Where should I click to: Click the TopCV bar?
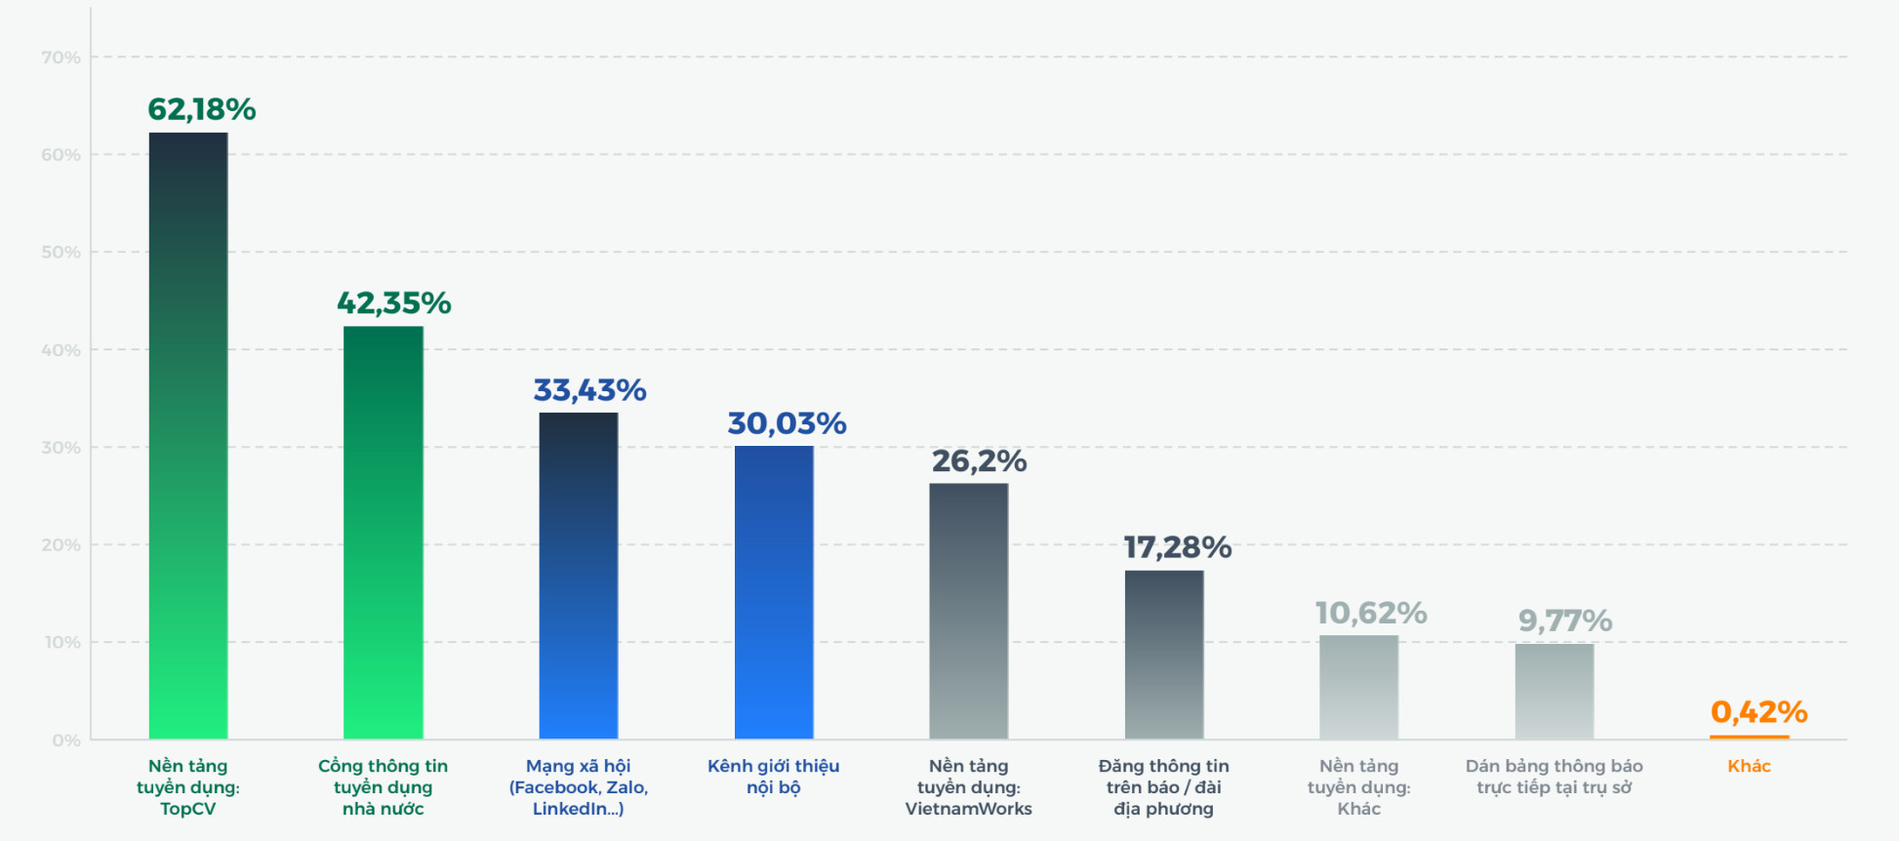188,435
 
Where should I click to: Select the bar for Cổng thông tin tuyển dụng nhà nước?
384,532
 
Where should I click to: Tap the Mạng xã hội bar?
579,576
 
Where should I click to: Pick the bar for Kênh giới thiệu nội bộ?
774,592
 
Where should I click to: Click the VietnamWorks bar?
969,611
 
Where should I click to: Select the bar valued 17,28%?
1164,655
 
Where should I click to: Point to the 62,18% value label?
201,109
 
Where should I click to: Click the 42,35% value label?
394,303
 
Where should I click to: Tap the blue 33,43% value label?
589,390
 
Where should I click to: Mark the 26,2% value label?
979,461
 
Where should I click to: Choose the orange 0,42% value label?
1758,712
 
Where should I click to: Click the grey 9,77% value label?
1564,621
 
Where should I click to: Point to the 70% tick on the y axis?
61,58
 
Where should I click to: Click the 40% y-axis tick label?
61,350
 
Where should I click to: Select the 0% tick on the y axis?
66,741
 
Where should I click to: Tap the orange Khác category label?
1749,766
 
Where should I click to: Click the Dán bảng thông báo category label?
1554,777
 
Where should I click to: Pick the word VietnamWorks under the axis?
968,809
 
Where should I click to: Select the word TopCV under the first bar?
188,809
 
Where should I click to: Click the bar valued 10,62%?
1359,687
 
